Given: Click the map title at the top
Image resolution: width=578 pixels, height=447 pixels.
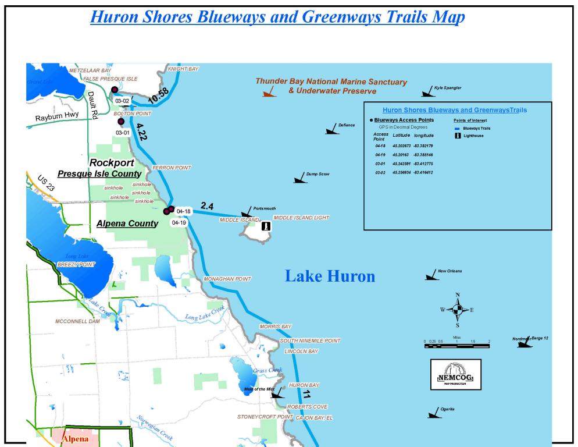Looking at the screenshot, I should click(289, 18).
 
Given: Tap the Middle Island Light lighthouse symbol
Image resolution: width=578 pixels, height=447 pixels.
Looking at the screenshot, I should click(266, 226).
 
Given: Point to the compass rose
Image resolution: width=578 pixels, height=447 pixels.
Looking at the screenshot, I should click(458, 310).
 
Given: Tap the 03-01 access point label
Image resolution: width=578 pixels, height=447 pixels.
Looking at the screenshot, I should click(122, 133).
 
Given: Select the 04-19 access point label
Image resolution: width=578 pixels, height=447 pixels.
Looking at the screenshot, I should click(179, 222).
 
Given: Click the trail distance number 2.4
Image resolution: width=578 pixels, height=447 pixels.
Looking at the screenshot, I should click(208, 205).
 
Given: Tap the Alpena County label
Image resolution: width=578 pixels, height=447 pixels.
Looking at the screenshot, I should click(127, 223).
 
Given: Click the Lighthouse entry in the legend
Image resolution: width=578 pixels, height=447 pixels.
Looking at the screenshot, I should click(473, 136).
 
